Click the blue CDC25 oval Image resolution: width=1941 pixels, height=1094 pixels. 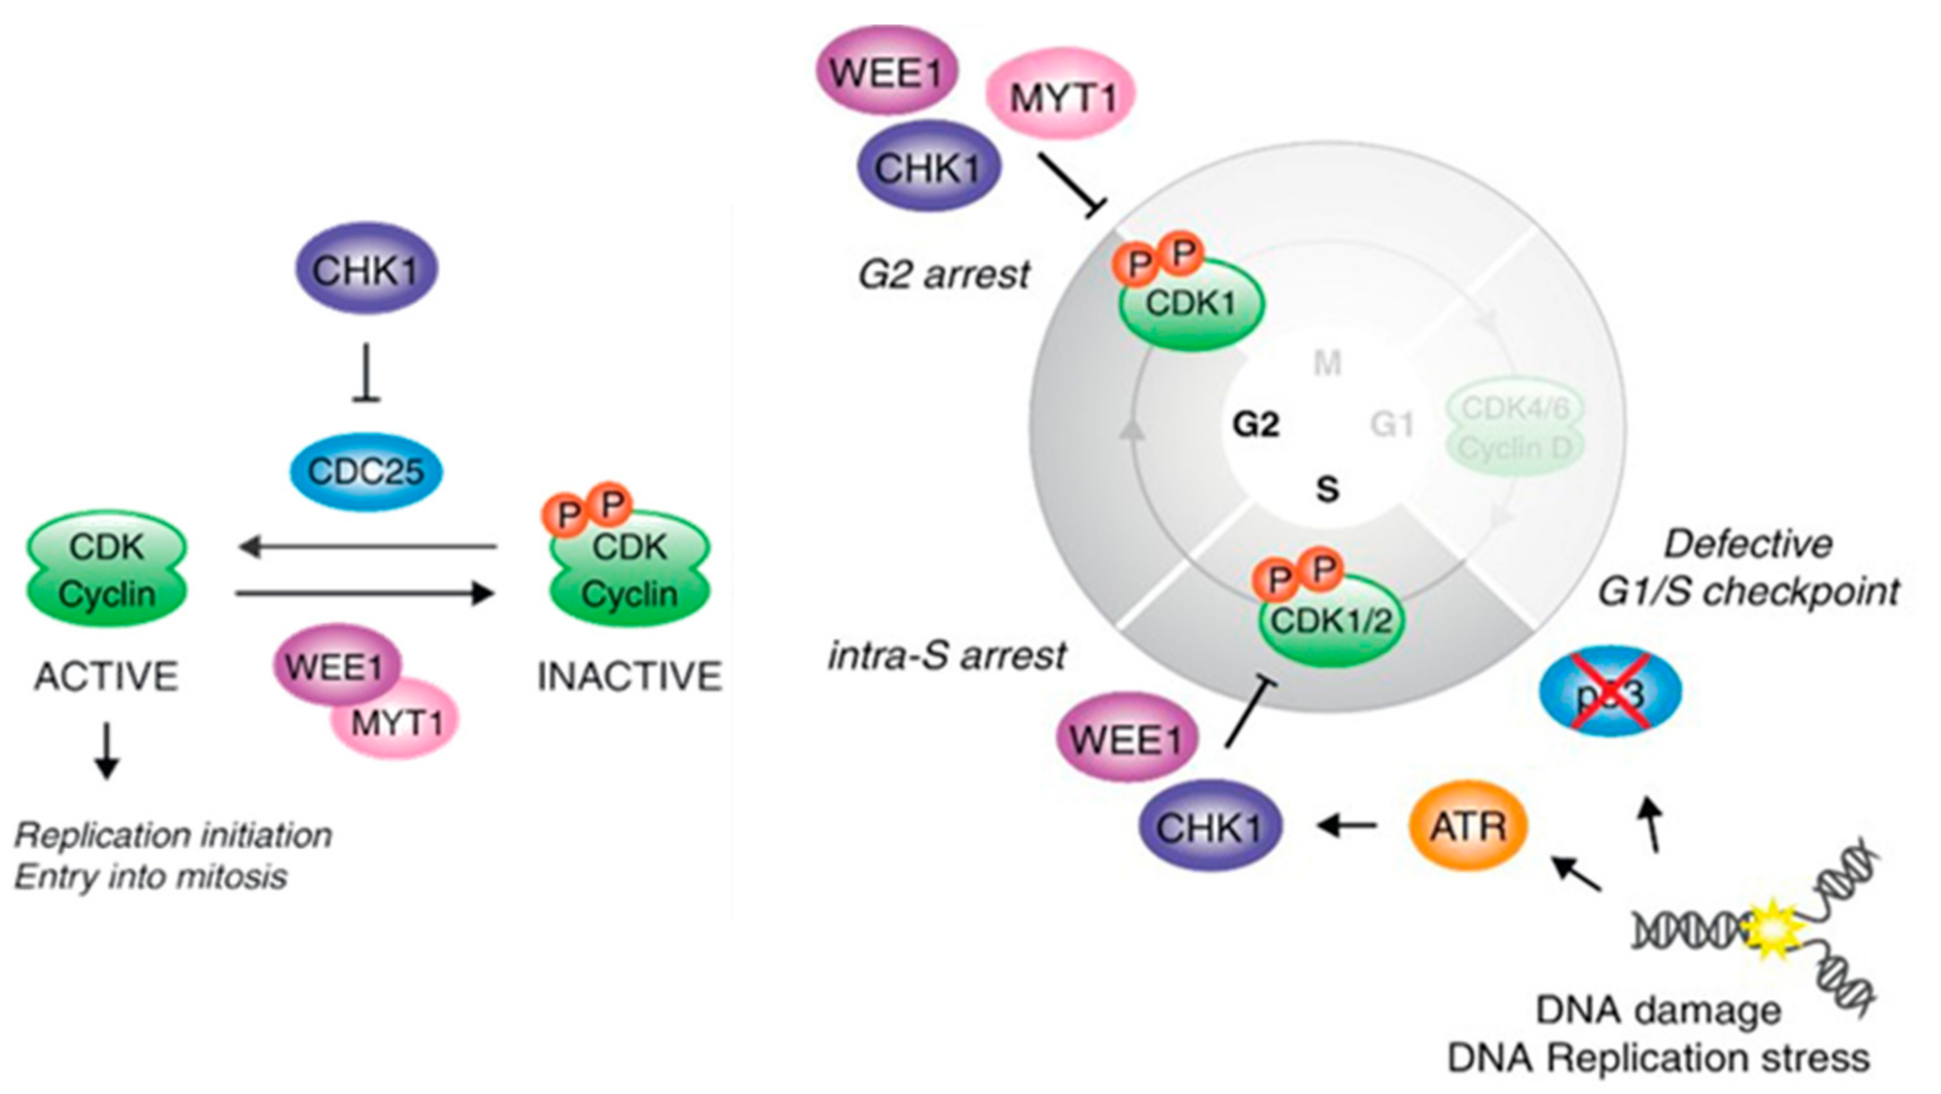click(367, 472)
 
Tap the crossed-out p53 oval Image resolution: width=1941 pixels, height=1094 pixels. click(1610, 691)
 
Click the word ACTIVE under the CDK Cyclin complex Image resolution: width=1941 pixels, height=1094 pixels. click(106, 676)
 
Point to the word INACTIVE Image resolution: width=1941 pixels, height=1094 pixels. click(630, 676)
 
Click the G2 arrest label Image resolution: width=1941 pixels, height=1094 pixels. click(944, 274)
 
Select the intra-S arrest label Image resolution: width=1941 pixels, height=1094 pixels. click(947, 655)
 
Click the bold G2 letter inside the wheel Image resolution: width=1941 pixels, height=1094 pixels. click(1255, 425)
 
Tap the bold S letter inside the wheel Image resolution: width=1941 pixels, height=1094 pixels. click(1327, 490)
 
